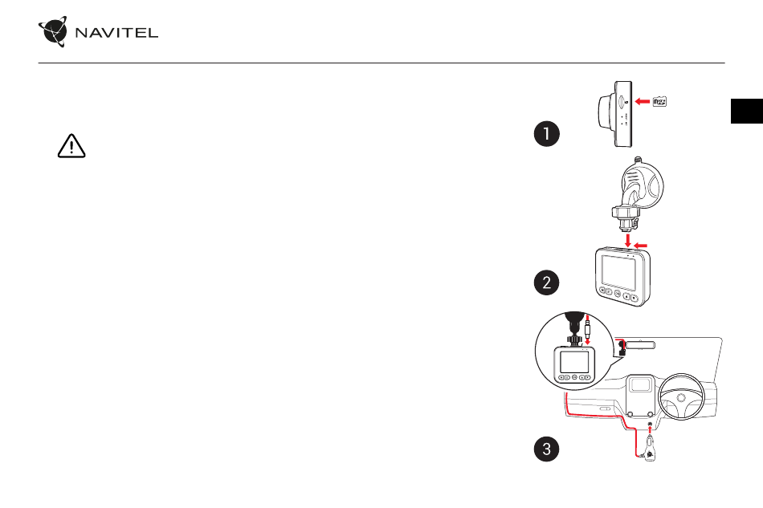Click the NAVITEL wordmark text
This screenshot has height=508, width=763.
click(116, 33)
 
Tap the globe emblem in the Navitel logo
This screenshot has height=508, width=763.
click(53, 31)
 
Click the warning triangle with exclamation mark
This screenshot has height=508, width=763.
click(71, 146)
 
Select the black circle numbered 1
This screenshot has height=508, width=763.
click(546, 134)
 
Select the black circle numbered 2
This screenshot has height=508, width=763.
click(546, 282)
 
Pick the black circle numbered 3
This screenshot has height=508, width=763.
click(546, 449)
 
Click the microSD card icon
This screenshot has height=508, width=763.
click(659, 102)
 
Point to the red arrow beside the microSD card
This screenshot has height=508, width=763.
click(643, 102)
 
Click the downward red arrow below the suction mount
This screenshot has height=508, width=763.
click(628, 240)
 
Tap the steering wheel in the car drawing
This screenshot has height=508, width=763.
click(681, 397)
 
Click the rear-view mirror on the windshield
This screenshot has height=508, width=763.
click(640, 346)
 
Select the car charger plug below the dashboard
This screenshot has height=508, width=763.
click(650, 448)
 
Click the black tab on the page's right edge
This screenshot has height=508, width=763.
click(747, 111)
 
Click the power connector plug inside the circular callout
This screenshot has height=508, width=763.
click(587, 330)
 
